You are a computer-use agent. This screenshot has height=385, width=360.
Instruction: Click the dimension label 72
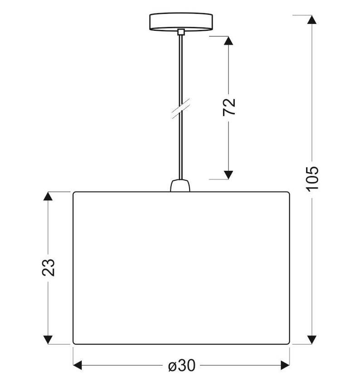229,107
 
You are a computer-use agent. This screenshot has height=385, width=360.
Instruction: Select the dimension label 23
48,268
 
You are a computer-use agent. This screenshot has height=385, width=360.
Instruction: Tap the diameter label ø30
182,366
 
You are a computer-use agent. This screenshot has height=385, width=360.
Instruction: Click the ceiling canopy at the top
181,22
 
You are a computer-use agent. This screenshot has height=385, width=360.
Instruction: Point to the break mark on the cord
181,109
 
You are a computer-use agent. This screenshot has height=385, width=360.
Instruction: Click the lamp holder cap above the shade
180,186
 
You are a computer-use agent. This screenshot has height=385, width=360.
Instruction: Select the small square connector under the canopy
181,32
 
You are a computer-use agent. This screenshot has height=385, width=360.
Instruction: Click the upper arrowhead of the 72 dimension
229,40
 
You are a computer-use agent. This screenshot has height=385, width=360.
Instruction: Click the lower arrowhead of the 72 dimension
229,175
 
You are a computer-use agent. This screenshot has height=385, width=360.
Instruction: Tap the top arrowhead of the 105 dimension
312,19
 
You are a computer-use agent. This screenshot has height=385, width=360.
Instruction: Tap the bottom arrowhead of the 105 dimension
312,340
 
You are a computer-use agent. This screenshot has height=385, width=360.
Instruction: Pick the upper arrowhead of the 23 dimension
48,196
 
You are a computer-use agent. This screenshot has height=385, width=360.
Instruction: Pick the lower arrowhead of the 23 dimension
48,340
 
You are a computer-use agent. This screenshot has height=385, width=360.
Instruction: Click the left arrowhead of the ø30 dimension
78,366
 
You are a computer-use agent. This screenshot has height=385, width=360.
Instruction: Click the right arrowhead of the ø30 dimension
285,366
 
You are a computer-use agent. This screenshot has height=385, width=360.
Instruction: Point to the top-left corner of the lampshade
73,192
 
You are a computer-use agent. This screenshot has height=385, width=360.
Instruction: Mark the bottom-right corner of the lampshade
289,344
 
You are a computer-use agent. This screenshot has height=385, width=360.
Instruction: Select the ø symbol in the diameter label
172,366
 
